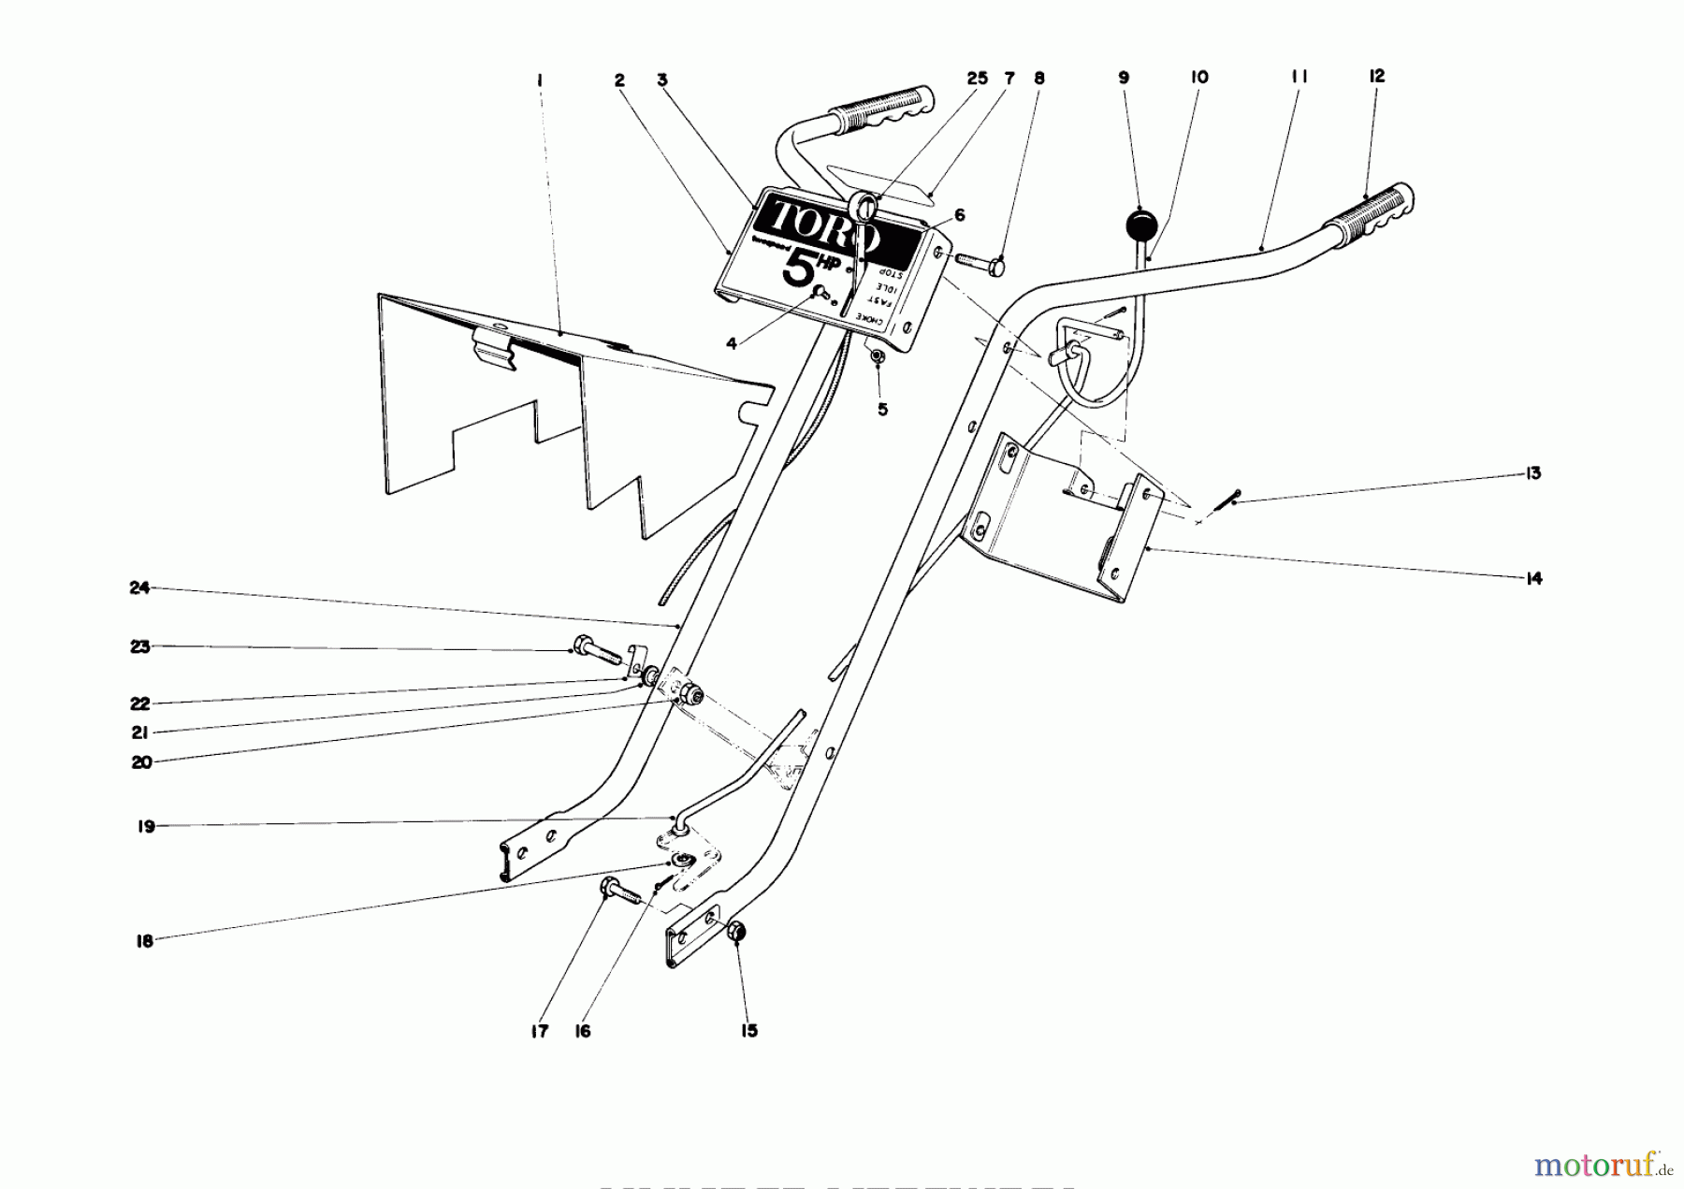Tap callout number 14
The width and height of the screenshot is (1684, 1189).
pos(1532,579)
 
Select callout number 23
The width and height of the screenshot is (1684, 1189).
pos(140,646)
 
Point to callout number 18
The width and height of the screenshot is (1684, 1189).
pos(144,942)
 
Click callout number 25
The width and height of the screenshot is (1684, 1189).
pos(977,79)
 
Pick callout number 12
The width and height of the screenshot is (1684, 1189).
pos(1376,76)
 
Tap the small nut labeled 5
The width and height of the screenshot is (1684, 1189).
pos(878,355)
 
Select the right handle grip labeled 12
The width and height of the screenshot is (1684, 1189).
pos(1370,214)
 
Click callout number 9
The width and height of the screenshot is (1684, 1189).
pos(1124,79)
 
